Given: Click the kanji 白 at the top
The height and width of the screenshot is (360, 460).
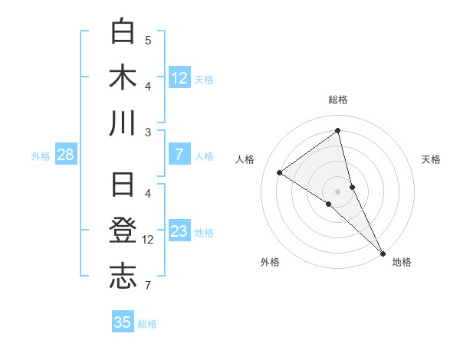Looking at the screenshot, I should pos(123,32).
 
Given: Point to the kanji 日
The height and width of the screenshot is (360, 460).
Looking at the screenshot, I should pos(123,186).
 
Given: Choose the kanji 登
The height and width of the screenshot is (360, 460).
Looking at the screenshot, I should pos(123,231).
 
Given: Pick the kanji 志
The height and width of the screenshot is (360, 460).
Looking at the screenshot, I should pos(123,277).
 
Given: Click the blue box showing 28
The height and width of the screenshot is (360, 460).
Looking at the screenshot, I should pos(65,155).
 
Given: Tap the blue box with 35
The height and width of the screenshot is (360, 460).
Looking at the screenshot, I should pos(123,322).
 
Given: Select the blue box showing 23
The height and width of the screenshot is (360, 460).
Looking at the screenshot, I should pos(179,232).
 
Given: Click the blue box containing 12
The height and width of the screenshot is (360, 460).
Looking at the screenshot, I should pos(179,78).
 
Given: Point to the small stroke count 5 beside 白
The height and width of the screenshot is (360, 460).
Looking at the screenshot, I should pos(148,40).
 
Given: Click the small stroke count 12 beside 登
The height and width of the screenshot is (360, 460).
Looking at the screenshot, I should pos(148,240).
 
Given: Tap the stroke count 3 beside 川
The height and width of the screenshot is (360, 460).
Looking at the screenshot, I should pos(148,132).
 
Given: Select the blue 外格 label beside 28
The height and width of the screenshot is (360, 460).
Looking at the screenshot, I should pos(41,156).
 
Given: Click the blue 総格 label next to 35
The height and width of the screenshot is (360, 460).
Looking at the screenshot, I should pos(147,324).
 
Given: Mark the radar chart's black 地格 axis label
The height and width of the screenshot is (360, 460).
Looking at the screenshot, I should pos(402,262).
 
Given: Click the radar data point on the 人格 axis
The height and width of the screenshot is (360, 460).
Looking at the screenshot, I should pos(279,172).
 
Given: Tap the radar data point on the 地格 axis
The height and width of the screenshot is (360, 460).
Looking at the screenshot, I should pos(383,252).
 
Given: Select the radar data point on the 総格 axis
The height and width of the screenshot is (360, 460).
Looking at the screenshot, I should pos(337,131).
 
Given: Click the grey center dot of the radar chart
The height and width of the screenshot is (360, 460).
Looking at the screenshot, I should pos(337,191).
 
